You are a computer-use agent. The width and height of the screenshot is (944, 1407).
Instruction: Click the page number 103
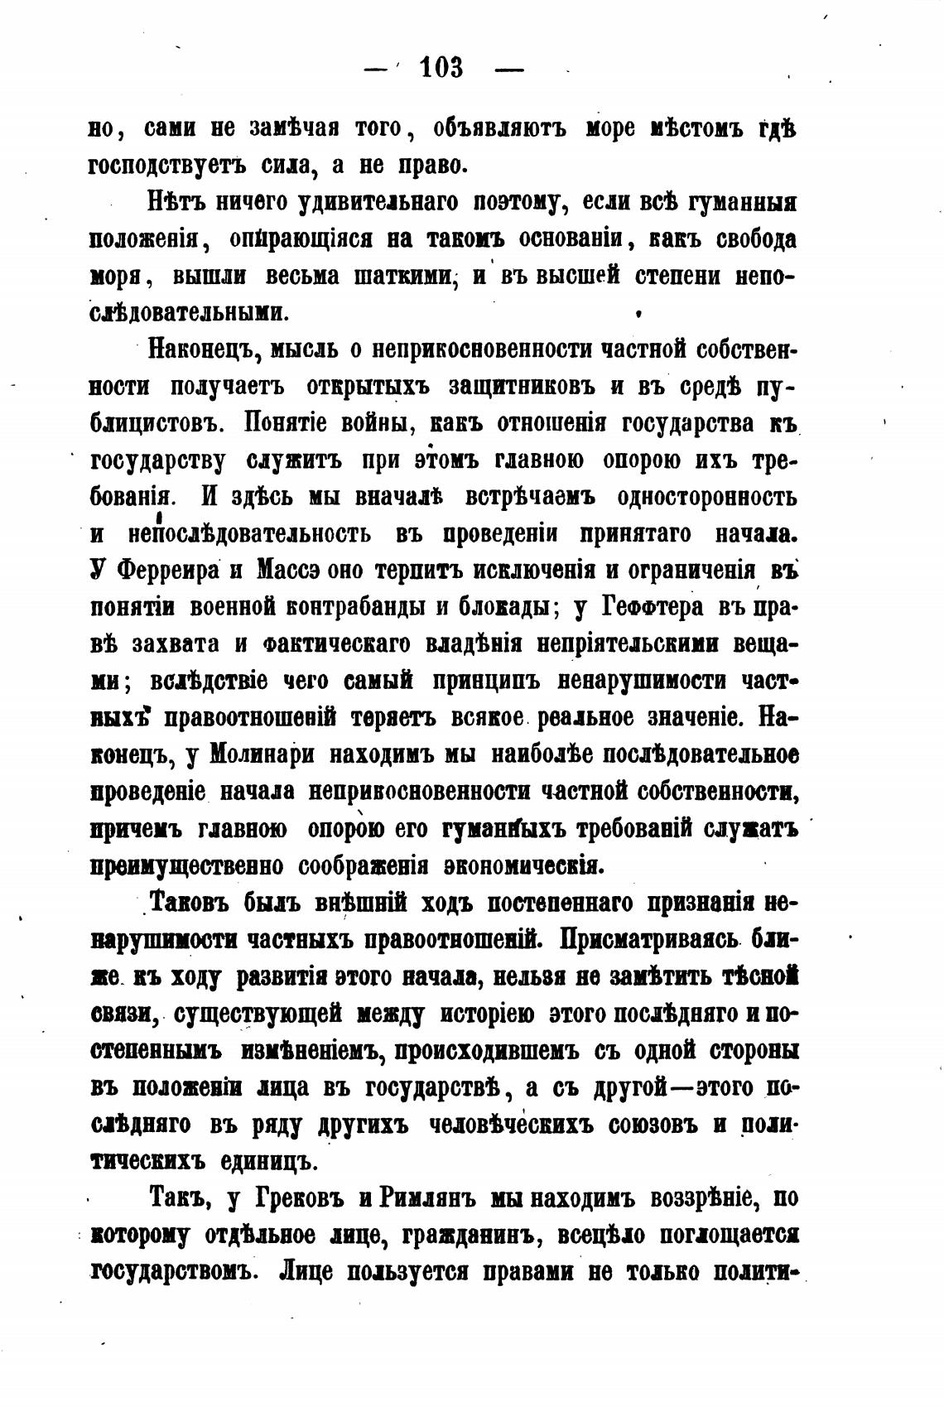441,67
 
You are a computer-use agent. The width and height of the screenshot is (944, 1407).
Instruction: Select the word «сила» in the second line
278,166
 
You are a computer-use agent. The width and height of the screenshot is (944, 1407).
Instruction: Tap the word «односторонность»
707,497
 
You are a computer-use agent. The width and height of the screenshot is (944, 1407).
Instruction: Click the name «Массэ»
287,571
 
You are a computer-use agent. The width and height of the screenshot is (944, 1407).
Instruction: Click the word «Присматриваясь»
649,940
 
